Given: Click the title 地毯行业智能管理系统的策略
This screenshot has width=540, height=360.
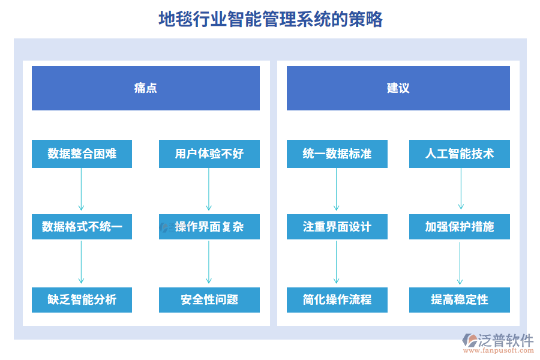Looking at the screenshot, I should (271, 19).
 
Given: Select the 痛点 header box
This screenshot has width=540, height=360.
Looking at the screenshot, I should (146, 88).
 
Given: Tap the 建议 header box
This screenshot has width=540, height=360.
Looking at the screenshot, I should (398, 88).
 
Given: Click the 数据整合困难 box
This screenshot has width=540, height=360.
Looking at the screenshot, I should (82, 154).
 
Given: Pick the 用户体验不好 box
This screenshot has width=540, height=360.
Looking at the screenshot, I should (209, 154).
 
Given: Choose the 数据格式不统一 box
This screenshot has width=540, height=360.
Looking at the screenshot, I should (82, 227).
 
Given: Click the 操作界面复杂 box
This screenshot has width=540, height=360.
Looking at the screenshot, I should (209, 227).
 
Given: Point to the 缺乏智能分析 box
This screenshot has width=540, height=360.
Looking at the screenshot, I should (82, 299).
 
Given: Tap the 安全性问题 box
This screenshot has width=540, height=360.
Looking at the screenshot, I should (209, 299).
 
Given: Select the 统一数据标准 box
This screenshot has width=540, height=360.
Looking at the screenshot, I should (337, 154).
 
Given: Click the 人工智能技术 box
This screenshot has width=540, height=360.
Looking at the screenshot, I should (460, 154).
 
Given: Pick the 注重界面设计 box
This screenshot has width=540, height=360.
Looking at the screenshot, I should (337, 227).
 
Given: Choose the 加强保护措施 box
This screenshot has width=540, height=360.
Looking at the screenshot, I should (460, 227).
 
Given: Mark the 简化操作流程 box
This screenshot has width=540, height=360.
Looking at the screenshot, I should (337, 299).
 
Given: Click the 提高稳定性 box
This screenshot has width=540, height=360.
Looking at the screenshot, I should (460, 299).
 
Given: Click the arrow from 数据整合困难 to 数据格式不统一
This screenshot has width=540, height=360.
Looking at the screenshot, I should (82, 190).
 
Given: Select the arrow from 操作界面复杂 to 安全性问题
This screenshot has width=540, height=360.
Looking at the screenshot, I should (209, 263).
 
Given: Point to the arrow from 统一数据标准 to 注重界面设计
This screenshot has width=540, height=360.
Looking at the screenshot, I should (337, 190).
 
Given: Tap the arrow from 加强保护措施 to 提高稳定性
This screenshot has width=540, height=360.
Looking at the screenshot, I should (460, 263).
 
